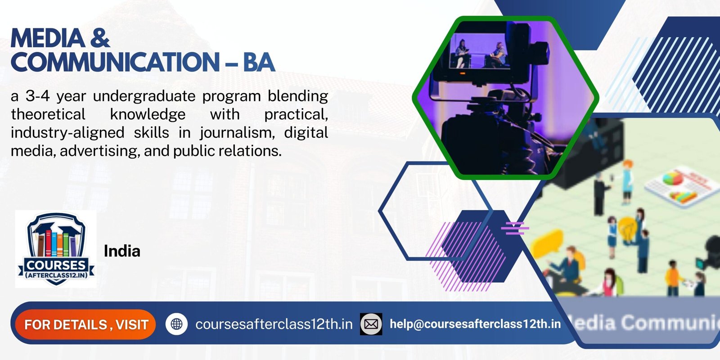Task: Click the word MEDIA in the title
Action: tap(47, 38)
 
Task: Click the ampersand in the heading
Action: tap(100, 38)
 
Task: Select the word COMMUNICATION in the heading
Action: tap(115, 62)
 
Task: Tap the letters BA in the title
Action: tap(259, 62)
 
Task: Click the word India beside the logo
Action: tap(122, 251)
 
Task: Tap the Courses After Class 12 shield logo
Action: tap(56, 249)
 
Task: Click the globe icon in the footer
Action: tap(176, 324)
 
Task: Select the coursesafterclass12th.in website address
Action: tap(274, 324)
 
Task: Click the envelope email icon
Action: tap(371, 324)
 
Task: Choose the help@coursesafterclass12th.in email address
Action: tap(475, 324)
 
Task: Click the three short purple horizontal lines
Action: tap(514, 229)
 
